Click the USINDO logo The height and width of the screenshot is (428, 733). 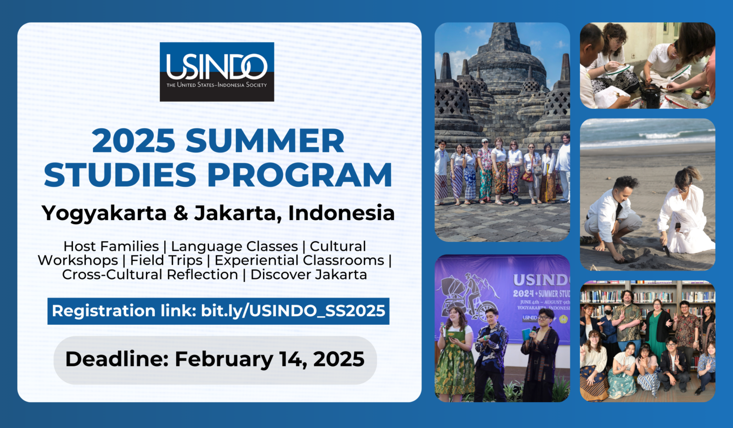click(217, 72)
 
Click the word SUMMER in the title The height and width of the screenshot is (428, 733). click(265, 141)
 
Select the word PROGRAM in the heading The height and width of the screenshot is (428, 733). click(300, 175)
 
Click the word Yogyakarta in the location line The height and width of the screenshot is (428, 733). click(104, 213)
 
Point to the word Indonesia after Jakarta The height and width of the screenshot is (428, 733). click(342, 213)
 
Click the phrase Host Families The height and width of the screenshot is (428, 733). click(111, 246)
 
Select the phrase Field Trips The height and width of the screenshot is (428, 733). click(166, 260)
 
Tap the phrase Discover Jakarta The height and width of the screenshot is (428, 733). click(309, 275)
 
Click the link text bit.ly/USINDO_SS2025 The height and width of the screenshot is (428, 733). click(293, 311)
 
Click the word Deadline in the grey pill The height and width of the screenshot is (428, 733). click(116, 359)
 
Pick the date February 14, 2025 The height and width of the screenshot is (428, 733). click(270, 359)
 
